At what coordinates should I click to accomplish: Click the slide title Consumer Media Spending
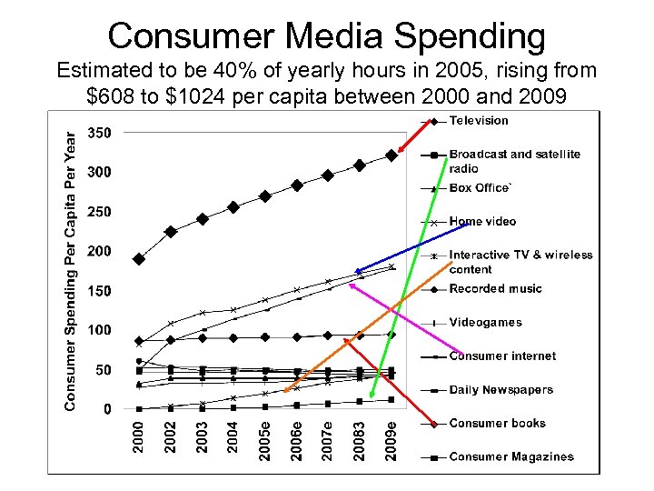click(327, 36)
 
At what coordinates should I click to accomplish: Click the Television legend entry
click(479, 121)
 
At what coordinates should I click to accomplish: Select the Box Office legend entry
click(480, 188)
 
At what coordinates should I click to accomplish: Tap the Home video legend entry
click(482, 222)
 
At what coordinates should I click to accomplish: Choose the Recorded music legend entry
click(495, 289)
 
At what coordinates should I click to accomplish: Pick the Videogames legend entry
click(485, 323)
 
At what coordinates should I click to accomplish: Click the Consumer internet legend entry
click(502, 356)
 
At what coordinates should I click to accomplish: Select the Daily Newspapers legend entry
click(500, 390)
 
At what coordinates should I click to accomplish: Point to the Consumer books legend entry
click(497, 424)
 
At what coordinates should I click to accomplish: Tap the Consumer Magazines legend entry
click(511, 457)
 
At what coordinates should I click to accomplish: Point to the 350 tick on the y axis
click(100, 133)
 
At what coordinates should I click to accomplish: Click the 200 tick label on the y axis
click(100, 251)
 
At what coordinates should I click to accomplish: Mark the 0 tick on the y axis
click(107, 409)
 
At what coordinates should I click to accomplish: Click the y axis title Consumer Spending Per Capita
click(70, 268)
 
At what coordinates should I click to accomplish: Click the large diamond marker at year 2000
click(139, 259)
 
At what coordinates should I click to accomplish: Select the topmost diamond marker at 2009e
click(391, 155)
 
